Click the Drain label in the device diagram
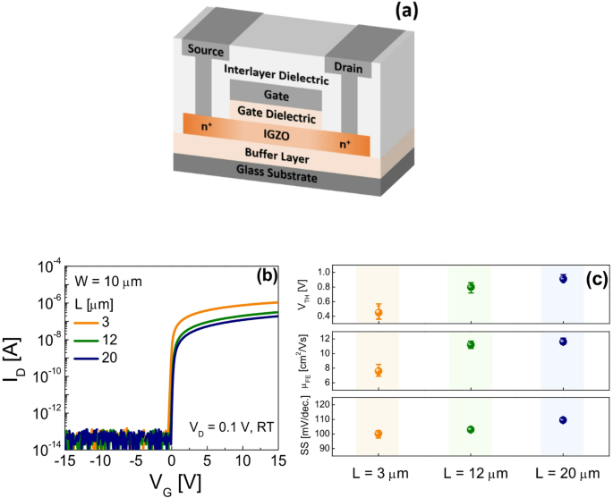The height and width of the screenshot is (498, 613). pos(351,67)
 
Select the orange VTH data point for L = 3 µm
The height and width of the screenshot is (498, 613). pos(379,312)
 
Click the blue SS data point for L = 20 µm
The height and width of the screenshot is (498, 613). pos(563,419)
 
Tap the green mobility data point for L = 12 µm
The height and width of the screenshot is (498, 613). pos(470,344)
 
